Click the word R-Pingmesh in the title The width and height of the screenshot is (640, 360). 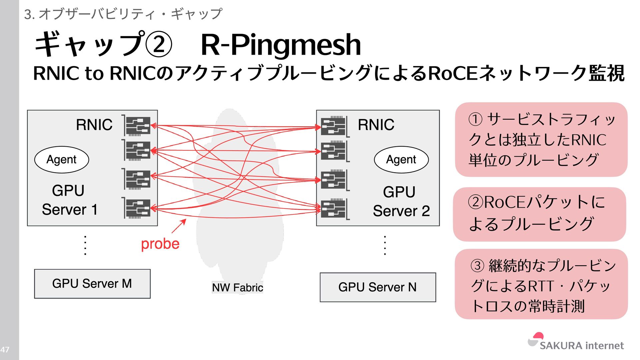click(281, 45)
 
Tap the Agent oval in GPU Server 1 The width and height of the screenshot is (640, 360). click(62, 160)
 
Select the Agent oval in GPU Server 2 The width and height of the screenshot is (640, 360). click(401, 160)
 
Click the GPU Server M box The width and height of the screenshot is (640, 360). click(92, 284)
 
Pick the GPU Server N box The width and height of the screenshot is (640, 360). click(378, 287)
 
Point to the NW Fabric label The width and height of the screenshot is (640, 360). click(237, 287)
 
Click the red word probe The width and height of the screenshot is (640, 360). click(160, 244)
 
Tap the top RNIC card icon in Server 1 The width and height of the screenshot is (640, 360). click(138, 126)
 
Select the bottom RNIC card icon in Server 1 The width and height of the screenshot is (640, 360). click(138, 208)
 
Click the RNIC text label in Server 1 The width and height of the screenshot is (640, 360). click(94, 125)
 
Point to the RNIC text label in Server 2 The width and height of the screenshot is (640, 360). click(376, 125)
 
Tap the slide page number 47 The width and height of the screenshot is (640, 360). click(5, 350)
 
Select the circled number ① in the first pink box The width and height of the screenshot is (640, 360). click(475, 119)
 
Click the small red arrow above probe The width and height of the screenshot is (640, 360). click(179, 226)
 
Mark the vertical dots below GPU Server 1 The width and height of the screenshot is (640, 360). click(85, 245)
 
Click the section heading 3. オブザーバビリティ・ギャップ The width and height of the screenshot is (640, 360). click(123, 14)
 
